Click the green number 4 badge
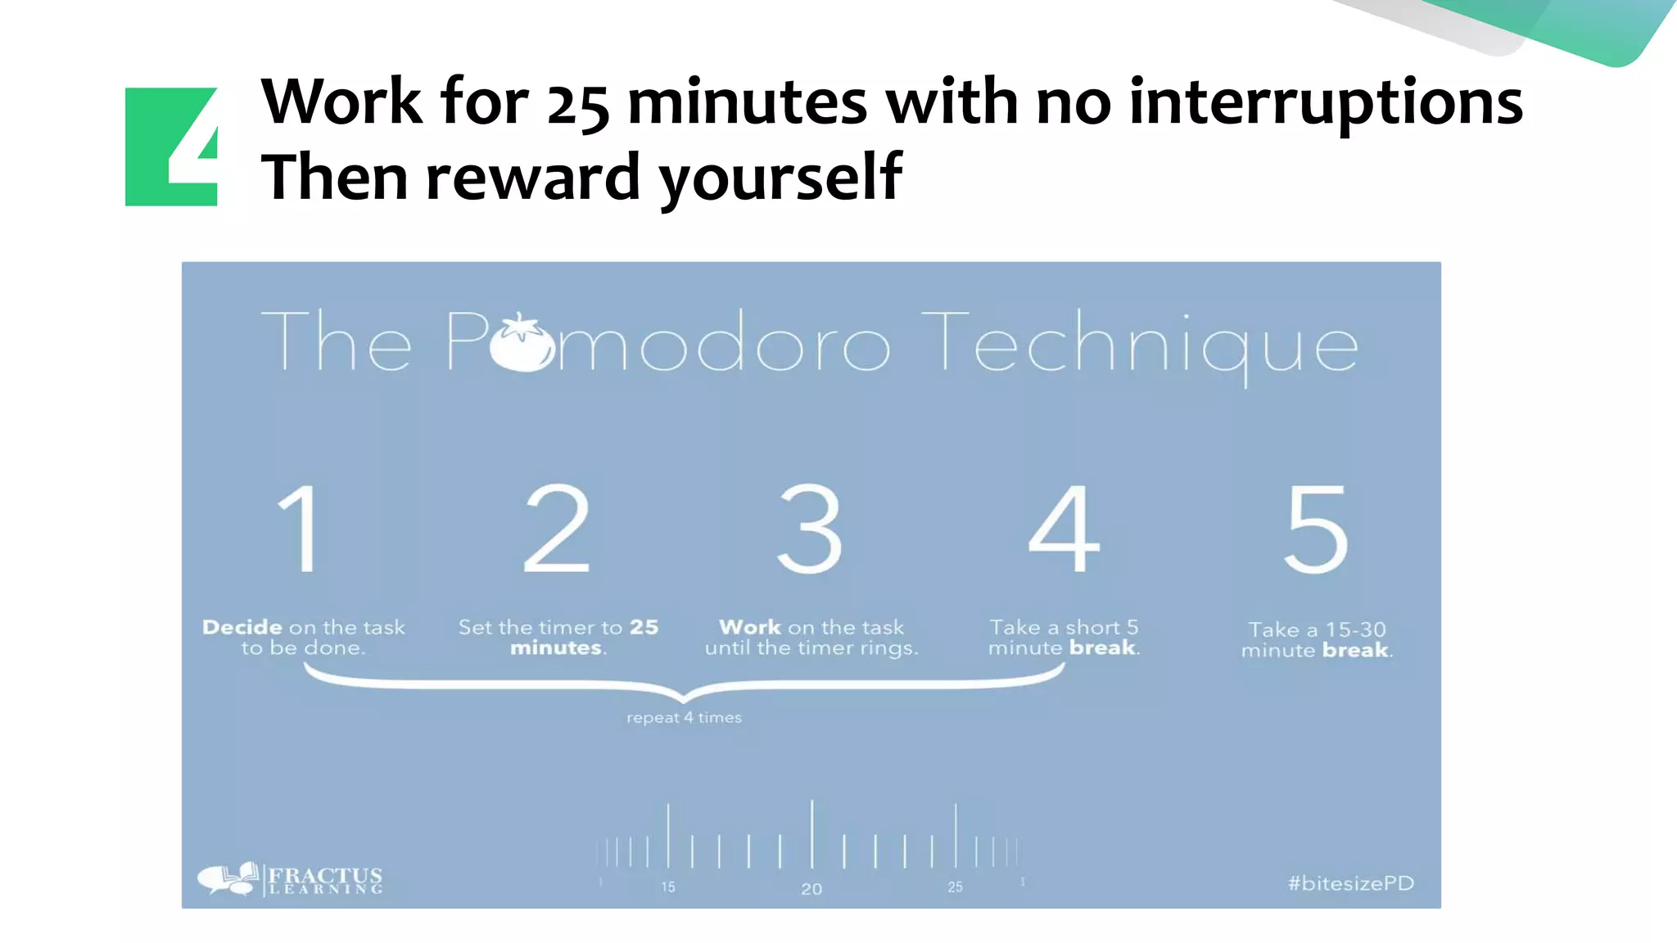coord(171,146)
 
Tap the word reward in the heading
coord(533,178)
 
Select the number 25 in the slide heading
coord(578,106)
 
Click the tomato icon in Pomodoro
coord(522,343)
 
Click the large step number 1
coord(300,529)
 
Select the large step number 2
coord(557,529)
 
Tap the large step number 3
coord(809,529)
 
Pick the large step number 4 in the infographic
coord(1064,529)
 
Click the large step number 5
coord(1316,529)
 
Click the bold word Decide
coord(242,628)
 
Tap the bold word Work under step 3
coord(750,628)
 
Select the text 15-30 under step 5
coord(1355,629)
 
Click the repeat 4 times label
coord(684,718)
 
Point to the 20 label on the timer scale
coord(811,889)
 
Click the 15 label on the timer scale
coord(668,887)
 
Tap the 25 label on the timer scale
coord(956,887)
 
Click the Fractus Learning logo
coord(291,880)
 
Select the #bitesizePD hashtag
coord(1350,883)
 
